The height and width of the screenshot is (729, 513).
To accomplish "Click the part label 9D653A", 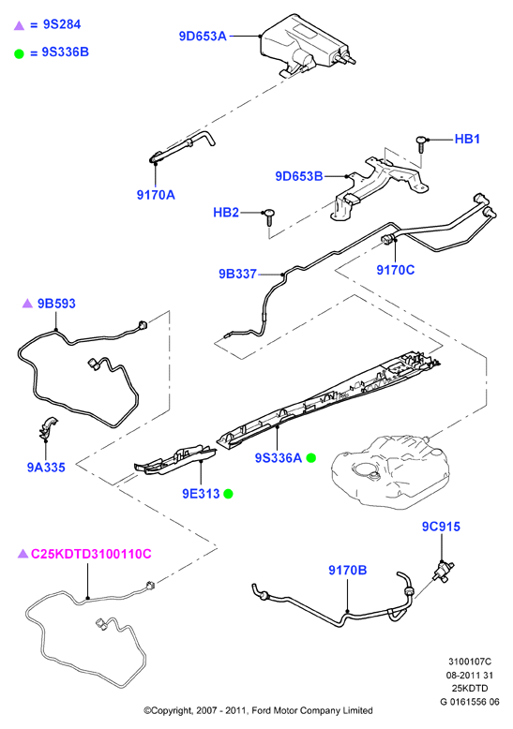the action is [x=203, y=37].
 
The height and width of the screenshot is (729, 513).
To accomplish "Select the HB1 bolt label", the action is [x=467, y=139].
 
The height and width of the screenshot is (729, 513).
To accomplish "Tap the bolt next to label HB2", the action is [x=268, y=217].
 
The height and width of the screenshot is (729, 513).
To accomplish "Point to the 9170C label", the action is [x=395, y=270].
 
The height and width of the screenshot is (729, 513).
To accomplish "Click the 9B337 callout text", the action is [x=238, y=275].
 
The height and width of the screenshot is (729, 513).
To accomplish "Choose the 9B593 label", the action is [x=56, y=304].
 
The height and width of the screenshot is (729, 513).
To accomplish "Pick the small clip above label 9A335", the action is [x=47, y=428].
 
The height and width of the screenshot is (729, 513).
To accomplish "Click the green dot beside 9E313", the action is [x=228, y=494].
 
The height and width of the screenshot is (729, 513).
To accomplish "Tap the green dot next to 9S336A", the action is [x=311, y=458].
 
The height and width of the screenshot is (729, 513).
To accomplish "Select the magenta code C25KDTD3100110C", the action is [x=91, y=554].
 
